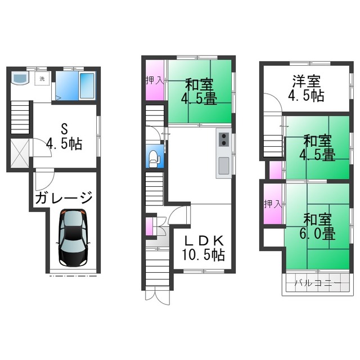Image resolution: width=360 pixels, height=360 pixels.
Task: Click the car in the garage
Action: (73, 237)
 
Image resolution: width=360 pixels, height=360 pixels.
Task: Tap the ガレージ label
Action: (64, 197)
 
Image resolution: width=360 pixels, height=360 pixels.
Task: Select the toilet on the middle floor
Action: (154, 159)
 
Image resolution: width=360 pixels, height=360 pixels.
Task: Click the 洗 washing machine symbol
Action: (42, 79)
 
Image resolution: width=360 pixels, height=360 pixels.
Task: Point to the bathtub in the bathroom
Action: (87, 85)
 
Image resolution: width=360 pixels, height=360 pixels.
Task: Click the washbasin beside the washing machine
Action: (20, 78)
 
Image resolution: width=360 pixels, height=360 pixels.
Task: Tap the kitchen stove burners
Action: (224, 139)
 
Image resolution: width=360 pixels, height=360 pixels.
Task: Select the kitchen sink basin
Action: (224, 165)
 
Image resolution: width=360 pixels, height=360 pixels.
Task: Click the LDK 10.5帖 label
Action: (204, 248)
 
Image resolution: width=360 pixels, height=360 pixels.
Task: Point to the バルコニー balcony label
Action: (318, 283)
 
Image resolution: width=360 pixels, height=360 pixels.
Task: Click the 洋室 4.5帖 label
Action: (306, 88)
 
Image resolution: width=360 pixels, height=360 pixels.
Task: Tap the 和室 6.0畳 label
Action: (317, 227)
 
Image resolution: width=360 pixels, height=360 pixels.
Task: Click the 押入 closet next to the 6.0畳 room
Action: (272, 204)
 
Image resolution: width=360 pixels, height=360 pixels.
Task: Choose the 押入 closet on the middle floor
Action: (155, 80)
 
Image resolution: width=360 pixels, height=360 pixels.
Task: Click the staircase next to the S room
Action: (20, 118)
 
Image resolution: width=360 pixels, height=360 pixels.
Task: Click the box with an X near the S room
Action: (20, 153)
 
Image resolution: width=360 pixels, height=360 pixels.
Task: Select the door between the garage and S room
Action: (45, 179)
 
